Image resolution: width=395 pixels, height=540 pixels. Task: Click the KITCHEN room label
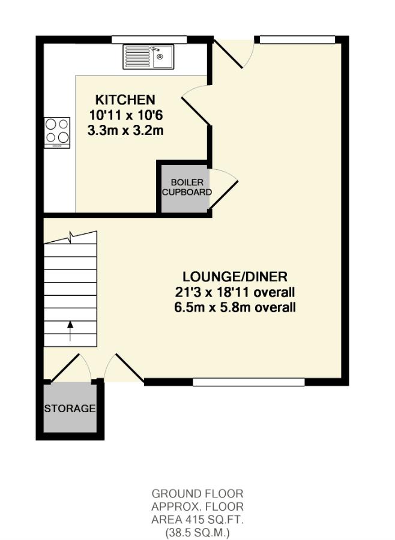coord(125,100)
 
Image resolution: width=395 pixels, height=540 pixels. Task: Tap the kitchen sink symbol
coord(148,57)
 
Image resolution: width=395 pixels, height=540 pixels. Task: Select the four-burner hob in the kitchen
coord(57,132)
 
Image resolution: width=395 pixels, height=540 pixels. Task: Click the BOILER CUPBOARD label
coord(187,187)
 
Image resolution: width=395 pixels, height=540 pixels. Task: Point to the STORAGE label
coord(70,409)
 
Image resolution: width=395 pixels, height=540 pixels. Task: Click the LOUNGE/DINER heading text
coord(235,277)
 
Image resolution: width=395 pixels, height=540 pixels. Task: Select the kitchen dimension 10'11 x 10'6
coord(125,115)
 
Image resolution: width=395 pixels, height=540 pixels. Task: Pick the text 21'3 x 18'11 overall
coord(235,293)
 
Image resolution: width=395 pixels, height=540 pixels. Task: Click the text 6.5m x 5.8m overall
coord(235,308)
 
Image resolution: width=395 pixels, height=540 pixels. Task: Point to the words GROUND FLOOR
coord(197,494)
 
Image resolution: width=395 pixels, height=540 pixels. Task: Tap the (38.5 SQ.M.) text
coord(197,532)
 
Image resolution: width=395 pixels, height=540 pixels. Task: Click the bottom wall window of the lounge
coord(249,382)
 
